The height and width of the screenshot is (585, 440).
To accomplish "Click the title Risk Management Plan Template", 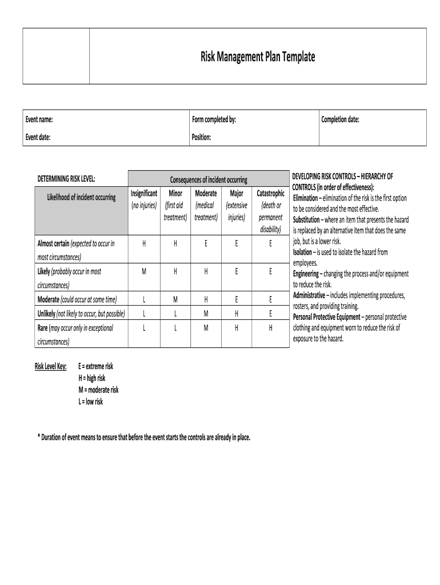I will [x=257, y=57].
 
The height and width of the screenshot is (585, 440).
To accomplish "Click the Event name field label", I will [x=39, y=119].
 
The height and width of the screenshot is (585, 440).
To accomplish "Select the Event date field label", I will [x=38, y=137].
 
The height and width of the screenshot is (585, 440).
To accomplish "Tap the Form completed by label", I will [x=214, y=119].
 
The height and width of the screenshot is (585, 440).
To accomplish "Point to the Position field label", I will [x=202, y=137].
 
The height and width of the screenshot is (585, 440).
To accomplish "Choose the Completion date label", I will [x=340, y=119].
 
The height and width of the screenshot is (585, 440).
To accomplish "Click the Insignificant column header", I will [x=144, y=194].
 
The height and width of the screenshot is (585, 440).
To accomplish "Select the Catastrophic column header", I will [x=270, y=194].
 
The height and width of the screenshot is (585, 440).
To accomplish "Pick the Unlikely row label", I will [x=46, y=314].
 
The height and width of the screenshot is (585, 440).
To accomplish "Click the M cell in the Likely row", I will [x=144, y=272].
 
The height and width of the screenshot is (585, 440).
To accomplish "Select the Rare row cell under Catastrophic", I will [x=270, y=328].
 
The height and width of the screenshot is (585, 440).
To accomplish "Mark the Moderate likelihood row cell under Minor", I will [x=175, y=299].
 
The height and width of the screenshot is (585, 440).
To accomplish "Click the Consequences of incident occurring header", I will [x=209, y=180].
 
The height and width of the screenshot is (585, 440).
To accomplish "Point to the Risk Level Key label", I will [x=51, y=366].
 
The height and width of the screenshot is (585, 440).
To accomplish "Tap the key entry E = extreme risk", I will [x=95, y=366].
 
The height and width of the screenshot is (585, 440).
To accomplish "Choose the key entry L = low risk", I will [x=90, y=402].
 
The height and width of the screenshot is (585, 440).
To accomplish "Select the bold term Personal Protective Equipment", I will [x=327, y=317].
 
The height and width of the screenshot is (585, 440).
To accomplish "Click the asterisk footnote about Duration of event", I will [x=144, y=438].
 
